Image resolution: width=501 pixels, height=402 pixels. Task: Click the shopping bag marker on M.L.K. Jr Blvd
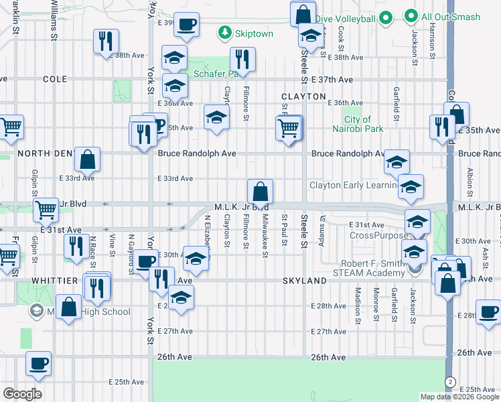point(260,191)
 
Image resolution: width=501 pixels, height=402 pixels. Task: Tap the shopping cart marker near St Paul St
point(288,127)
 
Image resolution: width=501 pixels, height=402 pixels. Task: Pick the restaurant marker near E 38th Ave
point(105,42)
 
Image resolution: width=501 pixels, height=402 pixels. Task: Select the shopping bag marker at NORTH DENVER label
point(87,159)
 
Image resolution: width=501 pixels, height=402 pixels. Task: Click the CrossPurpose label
point(378,235)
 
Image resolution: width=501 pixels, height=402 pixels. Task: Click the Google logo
point(22,394)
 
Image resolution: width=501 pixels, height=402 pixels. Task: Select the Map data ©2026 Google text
point(460,397)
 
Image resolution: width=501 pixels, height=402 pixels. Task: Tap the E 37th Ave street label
point(332,79)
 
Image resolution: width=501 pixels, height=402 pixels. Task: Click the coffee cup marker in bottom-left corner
point(38,364)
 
